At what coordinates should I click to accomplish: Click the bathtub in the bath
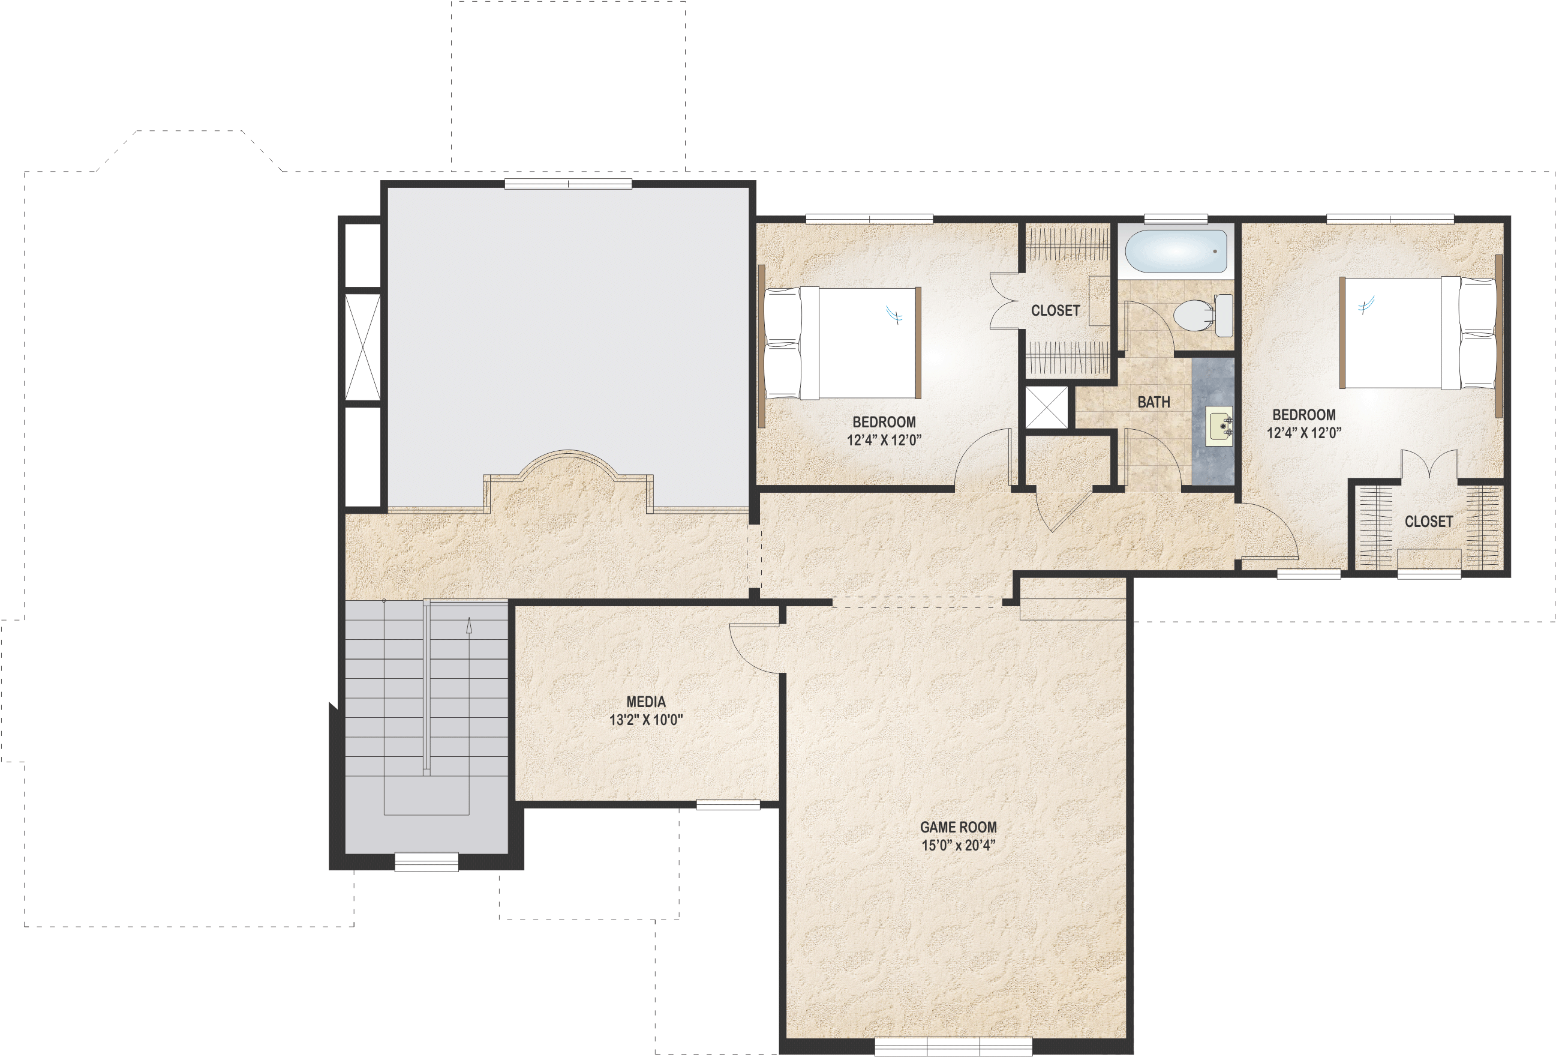(x=1176, y=252)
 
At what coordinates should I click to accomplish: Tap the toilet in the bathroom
(x=1203, y=315)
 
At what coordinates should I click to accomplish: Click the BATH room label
(x=1154, y=402)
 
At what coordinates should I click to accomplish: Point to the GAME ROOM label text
(x=958, y=827)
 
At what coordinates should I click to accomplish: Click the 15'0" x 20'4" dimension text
(x=958, y=845)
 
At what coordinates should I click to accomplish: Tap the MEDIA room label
(x=645, y=702)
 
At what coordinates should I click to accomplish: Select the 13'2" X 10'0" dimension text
(x=645, y=720)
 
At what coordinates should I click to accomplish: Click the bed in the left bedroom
(x=842, y=343)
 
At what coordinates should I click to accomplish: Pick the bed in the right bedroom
(x=1419, y=333)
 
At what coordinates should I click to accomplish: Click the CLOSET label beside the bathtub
(x=1055, y=310)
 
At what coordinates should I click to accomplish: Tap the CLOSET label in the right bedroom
(x=1428, y=521)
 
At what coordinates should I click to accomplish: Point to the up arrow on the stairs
(x=468, y=626)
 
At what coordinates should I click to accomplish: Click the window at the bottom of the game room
(x=953, y=1046)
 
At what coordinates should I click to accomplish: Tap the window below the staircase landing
(x=426, y=861)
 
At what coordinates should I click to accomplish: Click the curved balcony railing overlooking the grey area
(x=568, y=466)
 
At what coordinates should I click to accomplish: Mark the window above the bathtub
(x=1175, y=218)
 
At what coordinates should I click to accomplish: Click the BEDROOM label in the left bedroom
(x=884, y=422)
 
